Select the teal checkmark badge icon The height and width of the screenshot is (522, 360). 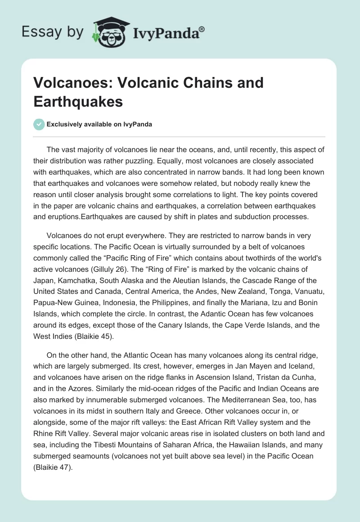coord(39,124)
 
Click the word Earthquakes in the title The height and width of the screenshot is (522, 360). coord(78,101)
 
